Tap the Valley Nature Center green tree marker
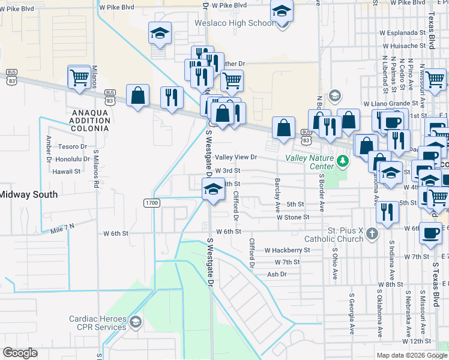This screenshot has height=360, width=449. [343, 161]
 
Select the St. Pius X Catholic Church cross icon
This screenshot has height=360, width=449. [372, 233]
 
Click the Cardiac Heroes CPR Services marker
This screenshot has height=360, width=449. [136, 323]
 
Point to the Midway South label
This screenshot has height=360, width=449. [28, 194]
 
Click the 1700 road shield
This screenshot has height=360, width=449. [151, 203]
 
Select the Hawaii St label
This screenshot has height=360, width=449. [66, 171]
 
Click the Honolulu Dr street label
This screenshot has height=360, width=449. [70, 159]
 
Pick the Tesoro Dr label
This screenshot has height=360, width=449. [73, 146]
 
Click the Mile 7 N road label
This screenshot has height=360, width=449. [62, 226]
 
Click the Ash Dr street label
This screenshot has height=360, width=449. [277, 274]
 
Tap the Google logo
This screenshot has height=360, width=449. [20, 353]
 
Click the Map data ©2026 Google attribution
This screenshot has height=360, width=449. [411, 355]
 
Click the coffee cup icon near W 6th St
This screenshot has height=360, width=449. [429, 233]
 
